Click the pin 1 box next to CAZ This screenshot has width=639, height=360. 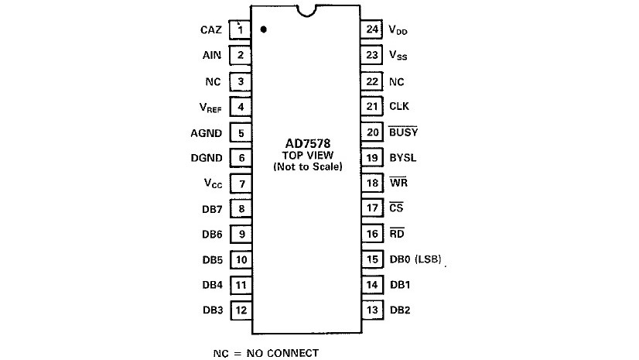pos(241,30)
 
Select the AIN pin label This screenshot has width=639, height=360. pos(211,56)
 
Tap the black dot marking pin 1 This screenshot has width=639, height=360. pos(264,29)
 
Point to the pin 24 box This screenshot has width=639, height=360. pos(373,30)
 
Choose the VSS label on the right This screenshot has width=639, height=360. pos(398,56)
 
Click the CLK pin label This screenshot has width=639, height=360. pos(398,107)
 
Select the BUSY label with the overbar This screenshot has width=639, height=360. pos(403,132)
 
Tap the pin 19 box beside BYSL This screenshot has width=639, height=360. pos(373,157)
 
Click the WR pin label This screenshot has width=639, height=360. pos(397,183)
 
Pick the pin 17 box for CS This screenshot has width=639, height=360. pos(373,208)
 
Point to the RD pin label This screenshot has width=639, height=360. pos(397,234)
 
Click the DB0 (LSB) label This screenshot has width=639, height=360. pos(415,259)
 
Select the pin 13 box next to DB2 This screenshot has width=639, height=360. pos(373,310)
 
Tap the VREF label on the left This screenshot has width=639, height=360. pos(210,107)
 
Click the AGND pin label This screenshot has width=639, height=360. pos(207,132)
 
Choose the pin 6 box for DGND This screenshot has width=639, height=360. pos(241,157)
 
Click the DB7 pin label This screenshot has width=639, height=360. pos(211,208)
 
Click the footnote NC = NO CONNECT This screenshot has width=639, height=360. pos(265,352)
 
